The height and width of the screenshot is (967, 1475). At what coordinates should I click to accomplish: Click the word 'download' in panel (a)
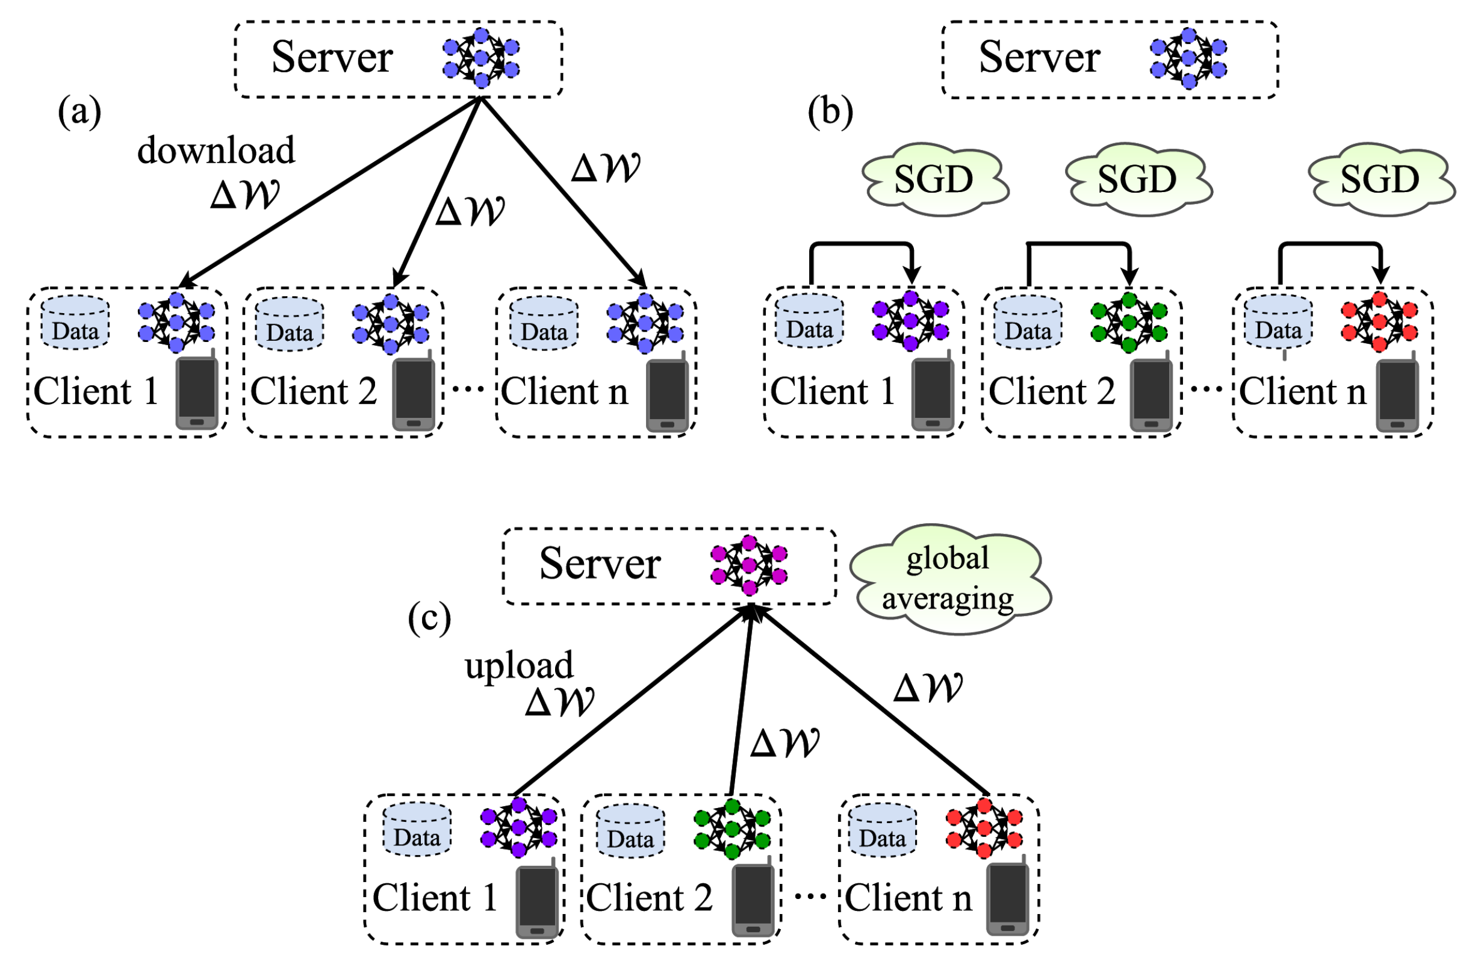tap(216, 151)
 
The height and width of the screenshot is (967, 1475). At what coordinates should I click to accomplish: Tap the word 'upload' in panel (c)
tap(519, 666)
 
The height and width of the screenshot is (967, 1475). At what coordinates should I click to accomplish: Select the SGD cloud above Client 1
tap(933, 180)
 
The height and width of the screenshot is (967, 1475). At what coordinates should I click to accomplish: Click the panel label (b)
tap(830, 113)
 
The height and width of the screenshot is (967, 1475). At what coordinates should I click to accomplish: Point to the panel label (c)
tap(429, 618)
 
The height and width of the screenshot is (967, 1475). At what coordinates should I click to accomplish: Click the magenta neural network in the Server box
tap(749, 565)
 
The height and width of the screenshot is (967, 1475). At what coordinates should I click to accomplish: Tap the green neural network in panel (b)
tap(1129, 322)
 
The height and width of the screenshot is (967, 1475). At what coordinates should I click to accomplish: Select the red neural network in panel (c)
tap(984, 828)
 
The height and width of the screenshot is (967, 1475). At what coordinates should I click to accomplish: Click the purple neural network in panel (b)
tap(910, 321)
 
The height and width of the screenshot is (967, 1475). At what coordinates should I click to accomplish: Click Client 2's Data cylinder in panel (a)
tap(290, 324)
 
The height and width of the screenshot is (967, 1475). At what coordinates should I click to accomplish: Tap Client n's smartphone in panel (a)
tap(668, 394)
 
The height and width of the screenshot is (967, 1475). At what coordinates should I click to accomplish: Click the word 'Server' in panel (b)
tap(1039, 58)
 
